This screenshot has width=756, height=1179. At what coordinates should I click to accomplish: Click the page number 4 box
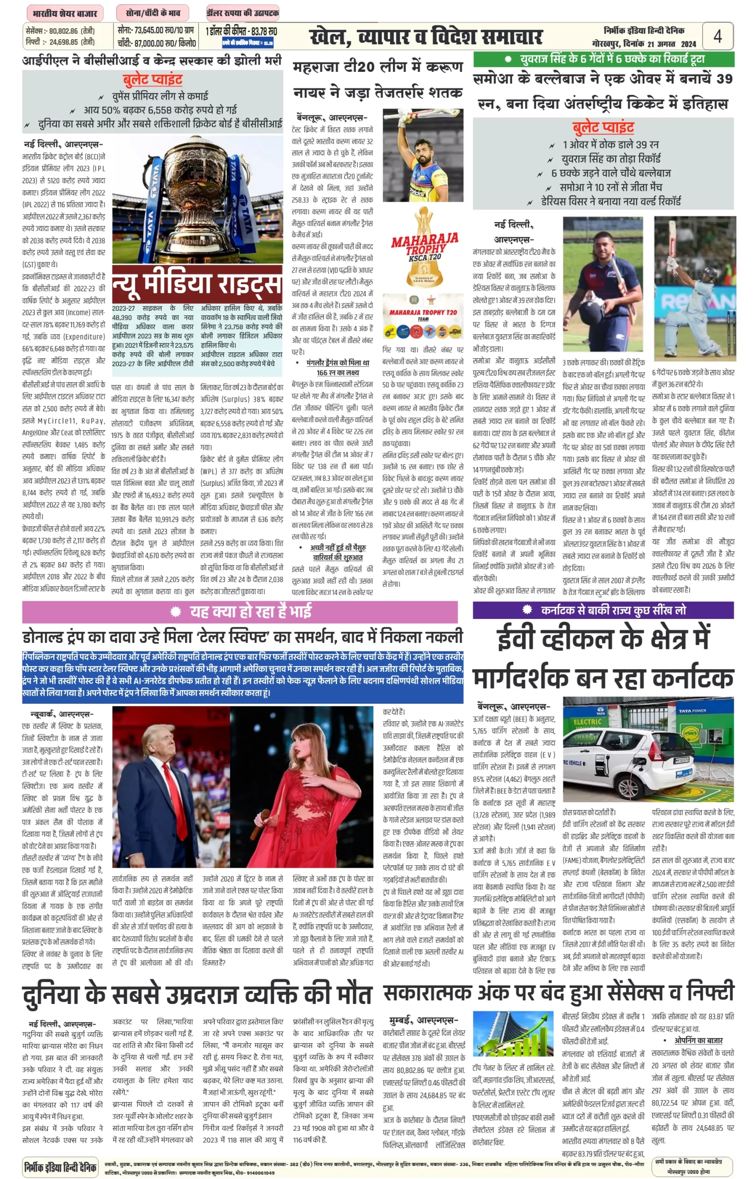point(717,36)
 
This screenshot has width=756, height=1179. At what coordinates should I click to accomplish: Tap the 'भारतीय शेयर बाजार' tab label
point(64,13)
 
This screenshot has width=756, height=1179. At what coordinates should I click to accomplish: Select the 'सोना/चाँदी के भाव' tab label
point(153,13)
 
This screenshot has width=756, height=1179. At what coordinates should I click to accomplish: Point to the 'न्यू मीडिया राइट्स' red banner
point(197,284)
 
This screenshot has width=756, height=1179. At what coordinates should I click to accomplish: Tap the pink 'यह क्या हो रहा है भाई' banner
point(240,611)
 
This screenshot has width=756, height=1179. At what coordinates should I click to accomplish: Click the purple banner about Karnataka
point(603,610)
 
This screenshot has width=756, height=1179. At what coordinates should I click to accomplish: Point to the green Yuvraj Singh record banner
point(603,59)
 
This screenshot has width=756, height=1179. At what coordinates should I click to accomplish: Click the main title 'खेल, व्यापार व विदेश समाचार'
point(425,37)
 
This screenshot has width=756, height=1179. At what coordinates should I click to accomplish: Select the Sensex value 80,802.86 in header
point(64,30)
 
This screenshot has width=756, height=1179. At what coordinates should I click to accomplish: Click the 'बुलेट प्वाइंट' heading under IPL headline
point(153,79)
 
